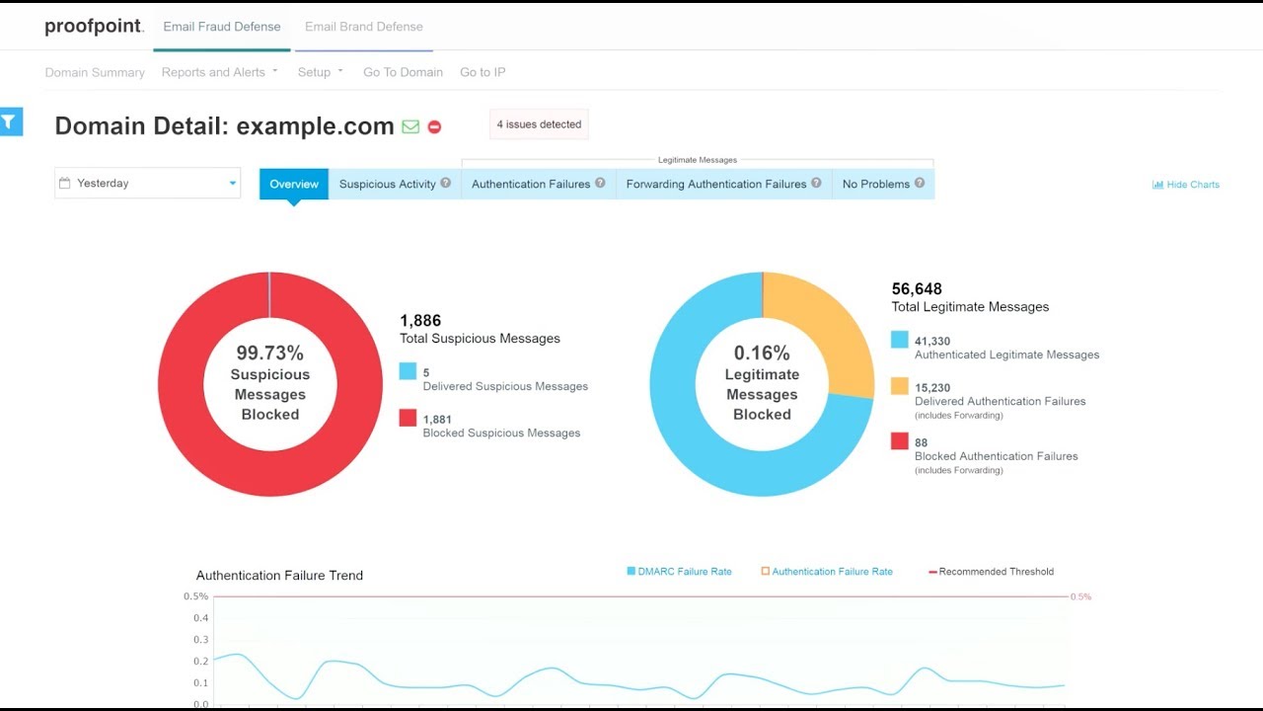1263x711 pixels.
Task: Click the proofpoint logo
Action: [x=94, y=27]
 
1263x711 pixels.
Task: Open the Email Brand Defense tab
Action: [x=363, y=27]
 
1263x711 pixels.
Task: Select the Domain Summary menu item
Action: [x=95, y=72]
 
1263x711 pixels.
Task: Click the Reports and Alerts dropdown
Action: [x=219, y=72]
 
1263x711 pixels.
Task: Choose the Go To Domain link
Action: [x=403, y=72]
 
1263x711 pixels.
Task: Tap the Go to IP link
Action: [x=483, y=72]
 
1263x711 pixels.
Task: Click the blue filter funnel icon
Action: [x=10, y=121]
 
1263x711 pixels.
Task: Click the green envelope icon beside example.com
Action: [x=410, y=126]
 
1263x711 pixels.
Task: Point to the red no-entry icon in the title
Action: [x=434, y=127]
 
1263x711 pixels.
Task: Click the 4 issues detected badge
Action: [x=539, y=124]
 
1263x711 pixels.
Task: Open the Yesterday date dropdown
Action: [x=148, y=183]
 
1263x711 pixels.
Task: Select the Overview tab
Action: [x=294, y=184]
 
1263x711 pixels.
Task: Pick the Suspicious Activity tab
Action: [x=394, y=184]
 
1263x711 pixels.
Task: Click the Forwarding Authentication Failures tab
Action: [x=723, y=184]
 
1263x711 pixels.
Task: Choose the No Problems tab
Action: [x=883, y=184]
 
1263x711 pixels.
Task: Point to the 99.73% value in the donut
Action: [x=269, y=353]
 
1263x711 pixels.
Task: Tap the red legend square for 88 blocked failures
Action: [x=899, y=441]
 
